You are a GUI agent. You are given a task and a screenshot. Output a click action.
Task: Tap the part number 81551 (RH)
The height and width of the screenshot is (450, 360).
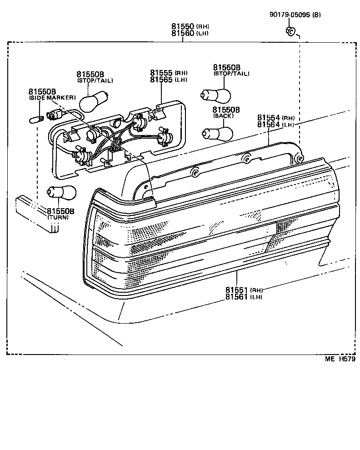[x=244, y=290]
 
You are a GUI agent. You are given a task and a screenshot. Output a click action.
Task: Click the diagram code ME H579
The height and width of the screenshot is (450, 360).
[x=340, y=359]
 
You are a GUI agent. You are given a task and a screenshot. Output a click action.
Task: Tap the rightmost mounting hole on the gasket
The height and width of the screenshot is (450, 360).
[x=299, y=157]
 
